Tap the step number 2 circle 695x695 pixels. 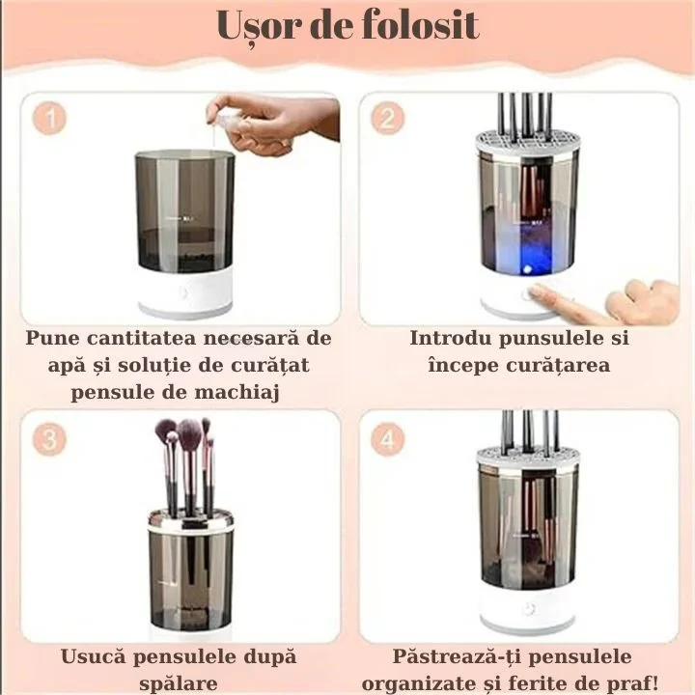click(389, 120)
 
